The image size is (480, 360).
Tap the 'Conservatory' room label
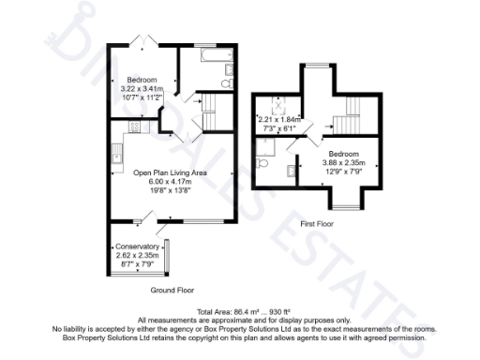pos(138,247)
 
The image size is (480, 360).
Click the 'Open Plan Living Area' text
pos(169,173)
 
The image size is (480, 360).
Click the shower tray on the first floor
pos(267,143)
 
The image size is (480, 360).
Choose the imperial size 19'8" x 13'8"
pos(169,190)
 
